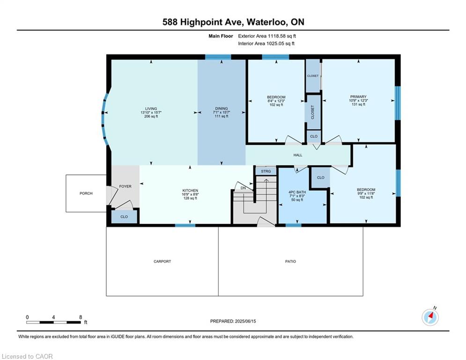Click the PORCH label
tap(86, 194)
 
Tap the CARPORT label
tap(162, 262)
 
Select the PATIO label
tap(291, 262)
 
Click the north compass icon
tap(430, 317)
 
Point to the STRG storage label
tap(266, 172)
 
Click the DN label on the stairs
tap(243, 188)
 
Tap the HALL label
tap(298, 155)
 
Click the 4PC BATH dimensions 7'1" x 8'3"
tap(297, 196)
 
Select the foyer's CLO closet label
tap(124, 217)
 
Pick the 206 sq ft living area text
tap(151, 116)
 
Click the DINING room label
tap(222, 109)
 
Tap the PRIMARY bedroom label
tap(358, 97)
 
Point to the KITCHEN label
tap(190, 191)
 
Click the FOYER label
tap(125, 187)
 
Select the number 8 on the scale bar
tap(81, 317)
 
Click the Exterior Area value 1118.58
tap(277, 36)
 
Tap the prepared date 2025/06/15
tap(245, 321)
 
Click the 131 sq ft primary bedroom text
tap(358, 105)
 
